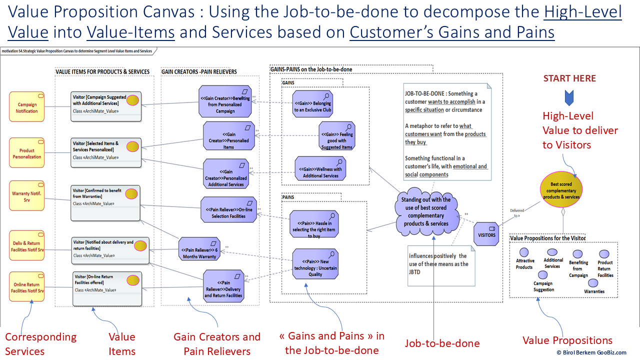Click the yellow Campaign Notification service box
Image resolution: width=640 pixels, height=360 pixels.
tap(27, 107)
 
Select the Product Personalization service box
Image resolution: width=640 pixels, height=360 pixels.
tap(27, 153)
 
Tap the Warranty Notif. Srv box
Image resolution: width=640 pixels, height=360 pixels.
tap(27, 196)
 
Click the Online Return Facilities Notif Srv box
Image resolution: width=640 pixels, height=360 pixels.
tap(27, 287)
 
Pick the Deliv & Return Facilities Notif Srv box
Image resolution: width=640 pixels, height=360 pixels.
tap(27, 246)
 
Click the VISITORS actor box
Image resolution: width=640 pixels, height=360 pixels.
tap(486, 234)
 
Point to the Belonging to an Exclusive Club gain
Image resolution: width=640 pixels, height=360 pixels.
tap(312, 103)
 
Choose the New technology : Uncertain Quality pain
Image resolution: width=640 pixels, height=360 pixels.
tap(315, 263)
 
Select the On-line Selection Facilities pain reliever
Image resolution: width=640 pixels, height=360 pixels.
tap(228, 209)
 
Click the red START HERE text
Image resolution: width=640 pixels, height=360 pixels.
tap(569, 78)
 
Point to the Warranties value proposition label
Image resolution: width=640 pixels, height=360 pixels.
tap(594, 291)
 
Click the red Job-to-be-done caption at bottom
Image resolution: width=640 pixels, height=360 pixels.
tap(442, 343)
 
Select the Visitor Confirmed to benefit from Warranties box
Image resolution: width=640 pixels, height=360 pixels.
tap(105, 202)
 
